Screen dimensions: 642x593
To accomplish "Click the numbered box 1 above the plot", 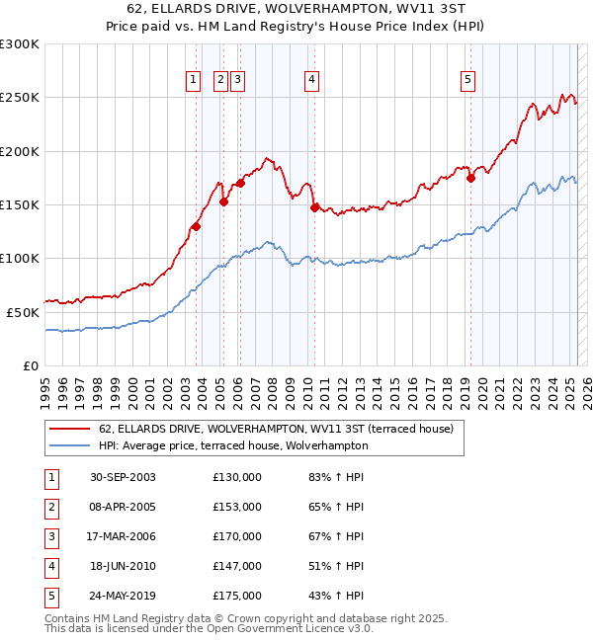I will coord(193,81).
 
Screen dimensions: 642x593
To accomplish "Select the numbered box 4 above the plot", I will coord(311,81).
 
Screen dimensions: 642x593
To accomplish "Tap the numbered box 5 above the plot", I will coord(466,81).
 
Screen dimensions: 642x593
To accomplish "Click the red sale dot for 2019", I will coord(470,178).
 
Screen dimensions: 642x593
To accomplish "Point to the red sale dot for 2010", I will coord(314,207).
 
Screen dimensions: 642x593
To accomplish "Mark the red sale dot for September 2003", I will coord(197,226).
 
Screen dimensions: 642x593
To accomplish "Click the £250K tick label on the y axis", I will coord(20,98).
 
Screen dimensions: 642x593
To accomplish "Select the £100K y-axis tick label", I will coord(20,258).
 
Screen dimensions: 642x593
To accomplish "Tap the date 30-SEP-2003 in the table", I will coord(123,477).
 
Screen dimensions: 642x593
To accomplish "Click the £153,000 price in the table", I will coord(237,507).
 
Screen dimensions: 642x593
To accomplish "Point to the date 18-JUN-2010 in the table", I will coord(123,566).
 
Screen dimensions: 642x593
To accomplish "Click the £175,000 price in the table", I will coord(237,596).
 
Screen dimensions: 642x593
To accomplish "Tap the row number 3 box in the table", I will coord(48,536).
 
